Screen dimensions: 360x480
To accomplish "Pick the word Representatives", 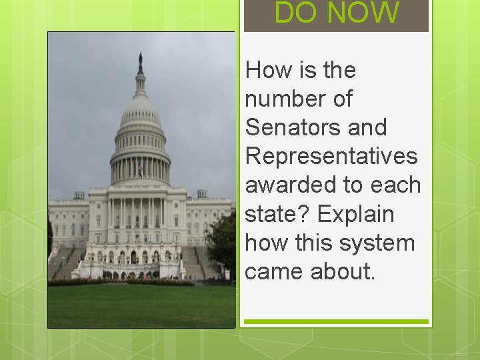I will (x=331, y=156).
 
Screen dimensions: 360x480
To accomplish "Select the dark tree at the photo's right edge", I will (x=222, y=240).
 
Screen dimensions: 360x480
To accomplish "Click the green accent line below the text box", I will (x=335, y=321).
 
